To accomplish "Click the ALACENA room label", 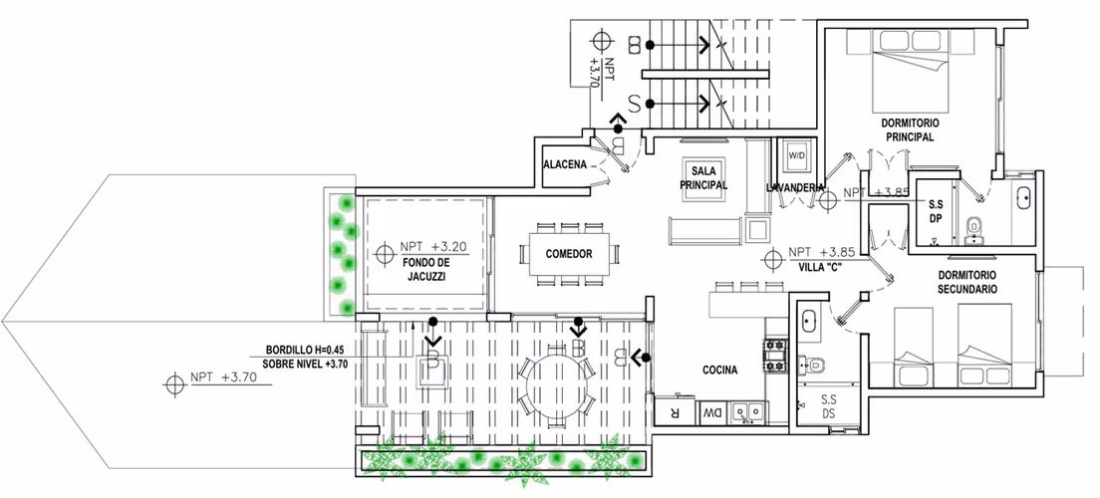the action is (x=565, y=164).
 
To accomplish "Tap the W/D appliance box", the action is (x=797, y=155).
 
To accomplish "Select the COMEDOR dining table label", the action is (x=568, y=254).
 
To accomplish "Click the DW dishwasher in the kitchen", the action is (x=712, y=412).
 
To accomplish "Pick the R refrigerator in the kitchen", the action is (x=675, y=411).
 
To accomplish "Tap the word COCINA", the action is (x=720, y=371).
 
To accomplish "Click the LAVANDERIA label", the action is (x=795, y=187).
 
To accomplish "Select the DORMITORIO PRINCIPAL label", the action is (x=910, y=129).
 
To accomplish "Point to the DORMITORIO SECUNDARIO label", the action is (x=967, y=282).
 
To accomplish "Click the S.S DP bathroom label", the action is (x=936, y=212).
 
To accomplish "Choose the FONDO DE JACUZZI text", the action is (x=425, y=270).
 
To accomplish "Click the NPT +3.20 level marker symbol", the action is (x=384, y=253).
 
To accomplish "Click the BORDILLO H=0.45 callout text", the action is (x=306, y=350).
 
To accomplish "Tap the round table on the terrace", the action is (x=556, y=384).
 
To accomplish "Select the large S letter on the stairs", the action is (x=634, y=105).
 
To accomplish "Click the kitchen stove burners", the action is (x=777, y=356).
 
